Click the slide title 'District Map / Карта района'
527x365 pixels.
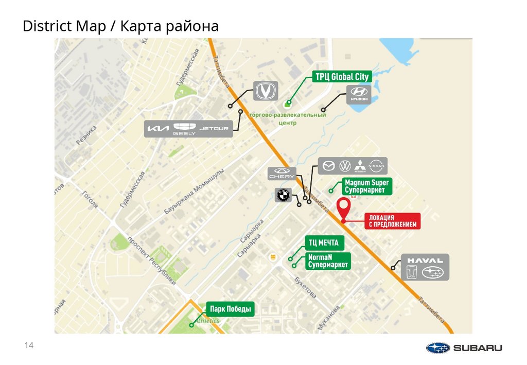[x=120, y=26]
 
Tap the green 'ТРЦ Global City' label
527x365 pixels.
[x=342, y=77]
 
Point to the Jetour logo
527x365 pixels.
[x=214, y=129]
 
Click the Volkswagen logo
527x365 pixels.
[x=345, y=166]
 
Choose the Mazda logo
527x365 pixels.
[x=328, y=166]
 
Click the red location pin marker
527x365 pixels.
[x=343, y=207]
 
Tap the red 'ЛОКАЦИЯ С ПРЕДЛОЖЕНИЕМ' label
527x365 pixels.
[x=392, y=221]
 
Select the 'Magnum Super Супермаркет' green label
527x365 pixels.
[x=367, y=186]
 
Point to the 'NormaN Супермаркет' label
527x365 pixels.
[x=328, y=261]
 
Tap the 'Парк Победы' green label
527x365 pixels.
[x=231, y=309]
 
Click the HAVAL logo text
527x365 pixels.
[x=425, y=260]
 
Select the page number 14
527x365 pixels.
[x=29, y=345]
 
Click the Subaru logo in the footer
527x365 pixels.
[x=464, y=348]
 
